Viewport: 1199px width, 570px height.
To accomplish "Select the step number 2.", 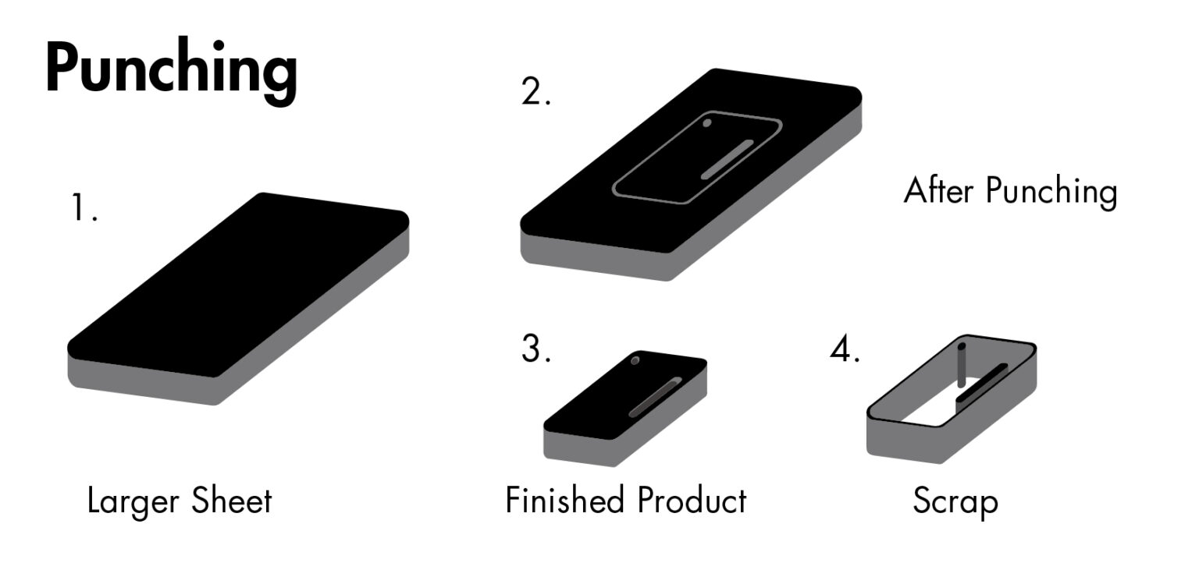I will (x=535, y=93).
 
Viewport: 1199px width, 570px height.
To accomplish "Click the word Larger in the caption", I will (x=133, y=501).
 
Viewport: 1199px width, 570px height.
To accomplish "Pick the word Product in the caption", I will (x=692, y=500).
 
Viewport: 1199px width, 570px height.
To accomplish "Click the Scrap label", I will (x=955, y=501).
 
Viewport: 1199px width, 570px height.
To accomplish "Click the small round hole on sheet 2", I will (x=707, y=122).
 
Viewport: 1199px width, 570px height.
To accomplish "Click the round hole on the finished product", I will (x=636, y=360).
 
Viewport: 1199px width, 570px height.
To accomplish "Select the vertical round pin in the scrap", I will (x=962, y=364).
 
